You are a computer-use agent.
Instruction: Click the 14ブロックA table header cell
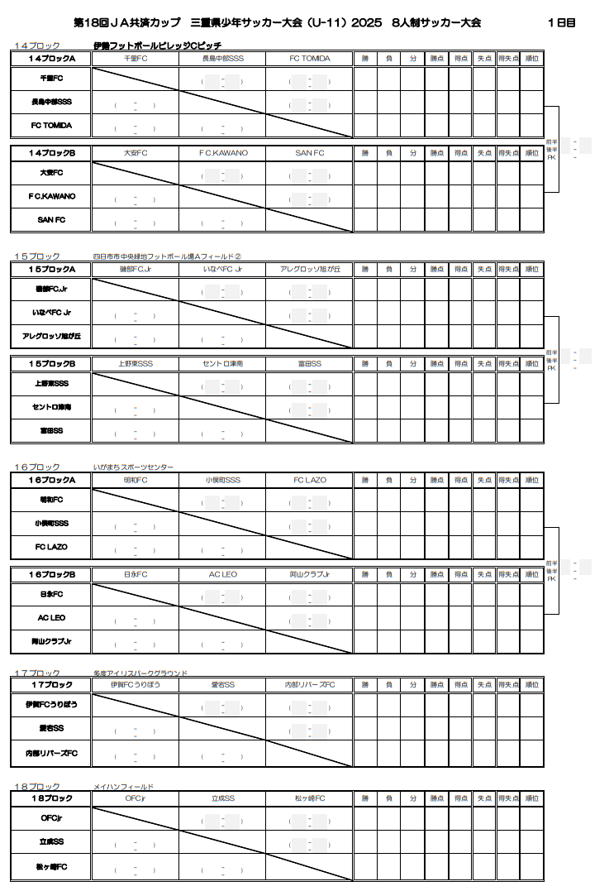[51, 59]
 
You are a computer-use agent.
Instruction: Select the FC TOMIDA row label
[51, 126]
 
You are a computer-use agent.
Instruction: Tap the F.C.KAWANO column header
[223, 153]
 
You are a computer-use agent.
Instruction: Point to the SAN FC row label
[51, 220]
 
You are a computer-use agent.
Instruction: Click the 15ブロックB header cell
[51, 364]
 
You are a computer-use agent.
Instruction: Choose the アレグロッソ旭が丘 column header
[310, 270]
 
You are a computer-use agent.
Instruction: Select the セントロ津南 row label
[51, 408]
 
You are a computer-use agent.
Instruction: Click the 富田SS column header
[310, 364]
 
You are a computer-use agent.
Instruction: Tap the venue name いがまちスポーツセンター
[134, 467]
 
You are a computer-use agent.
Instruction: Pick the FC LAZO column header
[310, 480]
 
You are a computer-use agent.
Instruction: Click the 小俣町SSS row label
[51, 524]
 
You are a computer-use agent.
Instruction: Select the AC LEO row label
[51, 618]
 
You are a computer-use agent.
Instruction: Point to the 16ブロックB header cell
[51, 574]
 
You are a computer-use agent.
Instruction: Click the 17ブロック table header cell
[51, 685]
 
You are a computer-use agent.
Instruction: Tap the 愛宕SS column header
[223, 685]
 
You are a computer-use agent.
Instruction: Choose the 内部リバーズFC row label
[51, 753]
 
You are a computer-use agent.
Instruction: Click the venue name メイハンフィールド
[124, 786]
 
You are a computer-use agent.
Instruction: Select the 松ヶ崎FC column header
[310, 798]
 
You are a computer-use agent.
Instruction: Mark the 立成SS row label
[51, 841]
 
